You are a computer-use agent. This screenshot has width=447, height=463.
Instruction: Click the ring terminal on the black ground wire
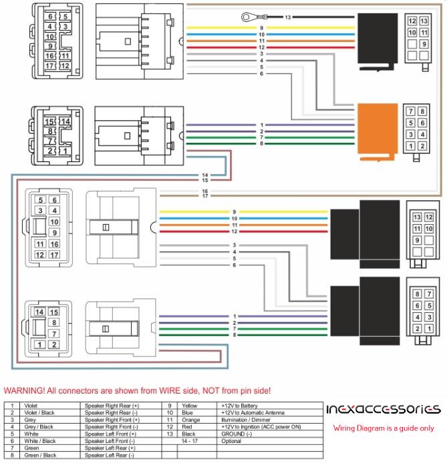[x=246, y=17]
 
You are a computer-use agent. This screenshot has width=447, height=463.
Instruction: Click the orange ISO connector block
[x=378, y=131]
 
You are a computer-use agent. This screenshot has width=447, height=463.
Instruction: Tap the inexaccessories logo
[x=384, y=409]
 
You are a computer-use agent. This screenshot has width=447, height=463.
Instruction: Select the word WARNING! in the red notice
[x=24, y=391]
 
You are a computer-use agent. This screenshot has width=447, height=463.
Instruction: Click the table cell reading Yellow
[x=190, y=406]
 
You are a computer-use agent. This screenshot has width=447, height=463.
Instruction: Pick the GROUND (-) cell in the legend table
[x=237, y=434]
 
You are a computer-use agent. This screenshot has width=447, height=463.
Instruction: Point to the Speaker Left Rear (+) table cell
[x=110, y=448]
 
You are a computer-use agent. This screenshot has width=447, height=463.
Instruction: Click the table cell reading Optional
[x=231, y=441]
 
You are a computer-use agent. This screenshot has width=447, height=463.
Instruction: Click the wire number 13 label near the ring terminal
[x=288, y=17]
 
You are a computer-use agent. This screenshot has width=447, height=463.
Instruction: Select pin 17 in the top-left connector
[x=49, y=65]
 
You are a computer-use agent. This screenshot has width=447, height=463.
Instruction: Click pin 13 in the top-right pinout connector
[x=424, y=21]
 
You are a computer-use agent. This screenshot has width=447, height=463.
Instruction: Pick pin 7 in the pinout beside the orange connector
[x=411, y=111]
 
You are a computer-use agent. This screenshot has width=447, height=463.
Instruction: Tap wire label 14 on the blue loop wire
[x=205, y=175]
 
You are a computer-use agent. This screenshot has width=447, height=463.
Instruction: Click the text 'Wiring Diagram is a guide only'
[x=384, y=428]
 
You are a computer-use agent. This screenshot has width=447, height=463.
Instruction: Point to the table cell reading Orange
[x=190, y=420]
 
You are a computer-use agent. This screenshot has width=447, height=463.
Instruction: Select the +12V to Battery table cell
[x=239, y=406]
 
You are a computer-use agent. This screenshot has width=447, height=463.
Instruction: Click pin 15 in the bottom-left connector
[x=54, y=312]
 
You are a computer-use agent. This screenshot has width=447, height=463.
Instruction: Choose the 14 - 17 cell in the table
[x=190, y=441]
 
